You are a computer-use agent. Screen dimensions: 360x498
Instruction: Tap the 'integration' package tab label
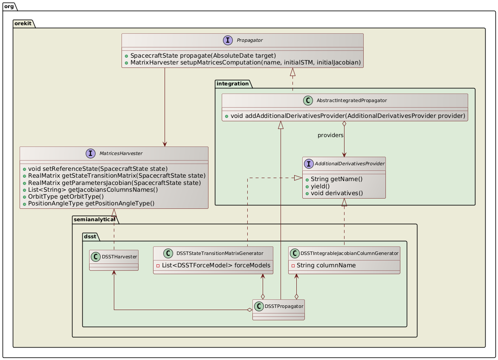pyautogui.click(x=234, y=83)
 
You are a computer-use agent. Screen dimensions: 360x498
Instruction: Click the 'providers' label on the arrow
pyautogui.click(x=330, y=135)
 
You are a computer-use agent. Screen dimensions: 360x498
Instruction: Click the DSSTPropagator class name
pyautogui.click(x=283, y=306)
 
